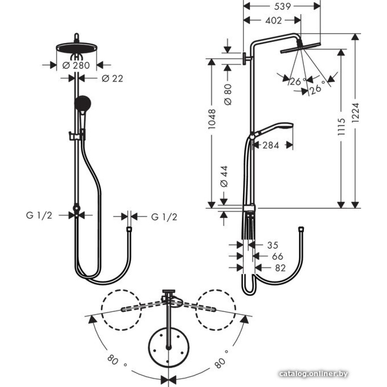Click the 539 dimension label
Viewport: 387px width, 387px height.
[x=283, y=7]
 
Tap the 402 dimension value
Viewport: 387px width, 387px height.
[x=274, y=21]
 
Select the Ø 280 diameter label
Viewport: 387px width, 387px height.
[x=76, y=65]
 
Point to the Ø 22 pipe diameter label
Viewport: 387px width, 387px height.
[x=112, y=79]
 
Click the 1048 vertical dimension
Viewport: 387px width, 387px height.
[x=212, y=119]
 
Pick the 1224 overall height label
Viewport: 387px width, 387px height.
[x=355, y=112]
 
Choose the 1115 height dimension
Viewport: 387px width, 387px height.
[x=341, y=127]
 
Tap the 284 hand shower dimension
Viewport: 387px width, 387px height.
[x=271, y=146]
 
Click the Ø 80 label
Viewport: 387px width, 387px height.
[x=228, y=94]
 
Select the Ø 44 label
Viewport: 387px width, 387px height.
[x=224, y=176]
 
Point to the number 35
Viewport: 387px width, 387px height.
[x=273, y=245]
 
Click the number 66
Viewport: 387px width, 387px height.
[x=277, y=257]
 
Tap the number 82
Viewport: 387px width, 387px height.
[x=280, y=268]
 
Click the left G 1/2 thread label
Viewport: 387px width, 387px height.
[x=39, y=216]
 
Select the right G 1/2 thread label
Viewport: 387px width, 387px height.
[x=164, y=217]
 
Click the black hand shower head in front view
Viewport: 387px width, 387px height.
[x=83, y=104]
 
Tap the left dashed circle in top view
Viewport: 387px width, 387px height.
[x=122, y=310]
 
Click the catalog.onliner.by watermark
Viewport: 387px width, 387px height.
[x=313, y=374]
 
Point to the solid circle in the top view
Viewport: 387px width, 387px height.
[x=169, y=346]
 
